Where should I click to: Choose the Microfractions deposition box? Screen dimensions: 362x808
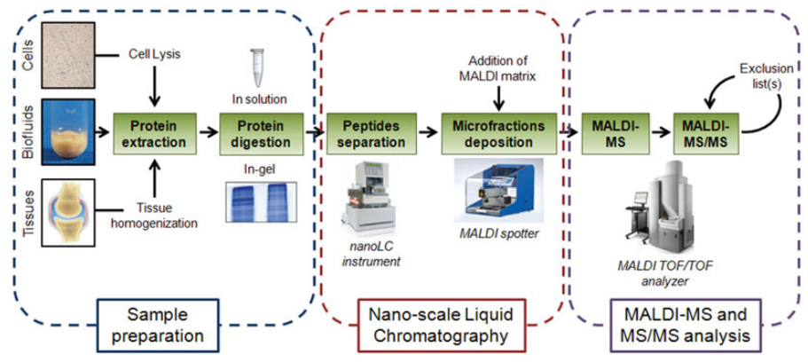(x=498, y=132)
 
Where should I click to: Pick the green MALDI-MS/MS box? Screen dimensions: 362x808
(x=705, y=132)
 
